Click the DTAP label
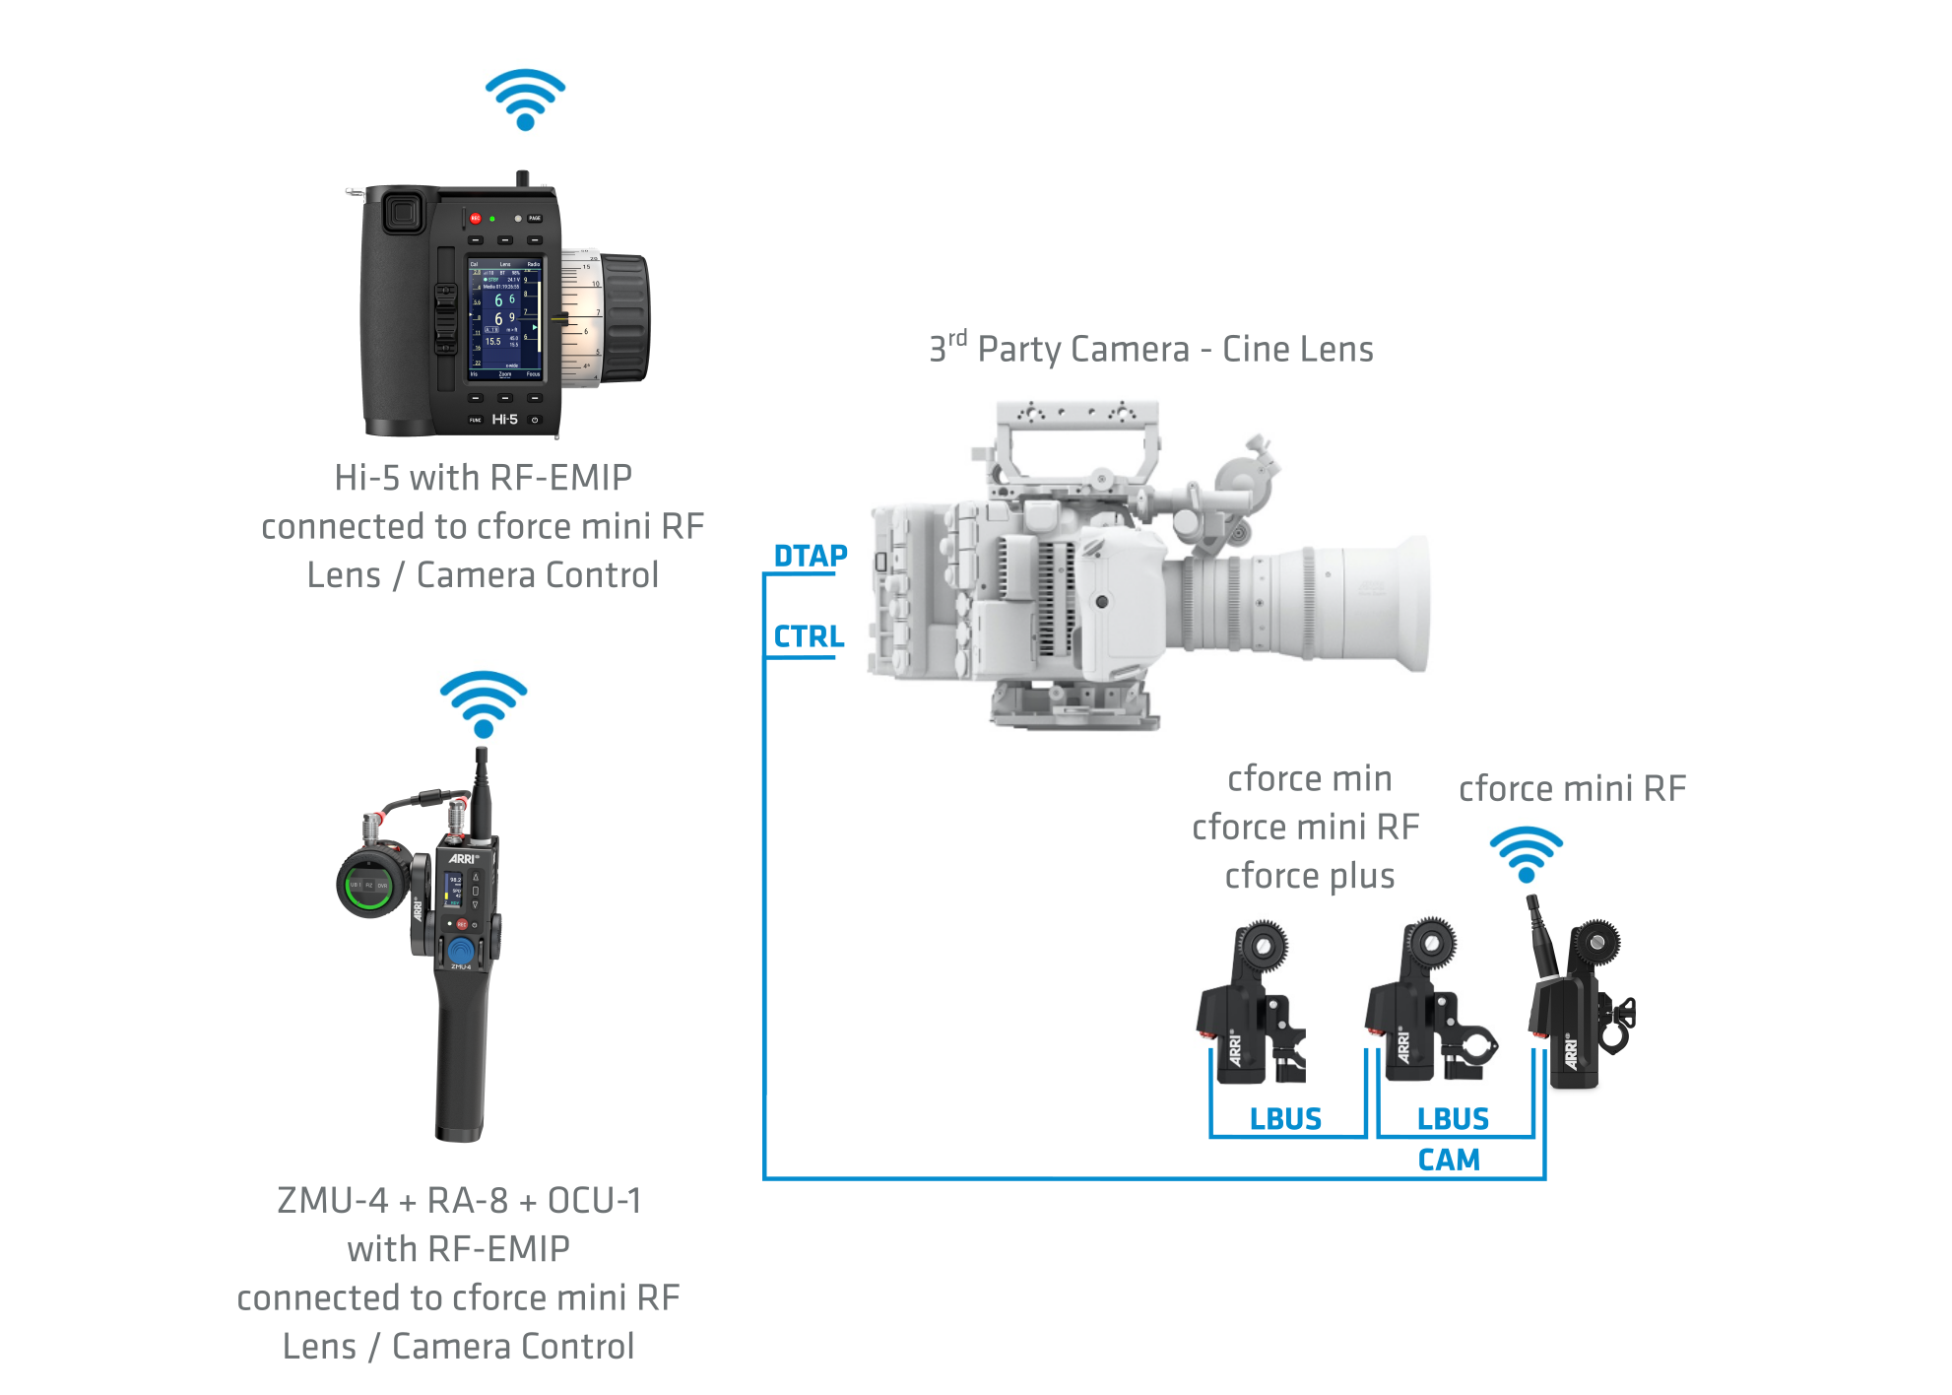point(810,557)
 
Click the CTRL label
point(809,637)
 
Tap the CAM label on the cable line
point(1448,1161)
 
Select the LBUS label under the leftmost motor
point(1285,1119)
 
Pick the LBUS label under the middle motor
point(1453,1119)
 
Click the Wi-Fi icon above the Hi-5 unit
point(525,99)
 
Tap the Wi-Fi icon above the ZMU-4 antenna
point(484,703)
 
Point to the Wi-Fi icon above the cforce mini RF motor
point(1526,854)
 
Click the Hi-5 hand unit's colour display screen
point(504,318)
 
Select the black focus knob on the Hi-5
point(624,317)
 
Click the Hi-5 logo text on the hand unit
point(504,420)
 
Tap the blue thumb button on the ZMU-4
point(460,951)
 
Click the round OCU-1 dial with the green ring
point(370,884)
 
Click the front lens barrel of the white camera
point(1379,603)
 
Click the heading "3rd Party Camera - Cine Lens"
point(1150,349)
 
